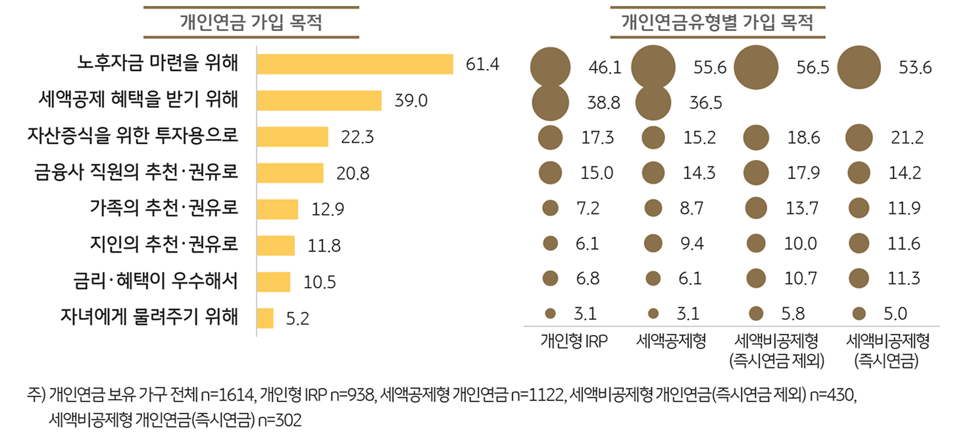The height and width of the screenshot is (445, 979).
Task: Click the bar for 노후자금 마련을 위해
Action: (x=355, y=65)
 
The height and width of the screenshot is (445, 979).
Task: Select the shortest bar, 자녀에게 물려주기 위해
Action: (x=265, y=318)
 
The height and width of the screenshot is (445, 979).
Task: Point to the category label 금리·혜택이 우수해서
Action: (x=155, y=282)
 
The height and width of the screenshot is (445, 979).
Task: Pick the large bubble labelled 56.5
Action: (x=756, y=67)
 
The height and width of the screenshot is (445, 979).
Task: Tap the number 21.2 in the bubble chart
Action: (x=908, y=138)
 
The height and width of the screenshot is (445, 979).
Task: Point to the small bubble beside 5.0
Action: (x=859, y=313)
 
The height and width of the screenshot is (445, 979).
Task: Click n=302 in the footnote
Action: (x=279, y=421)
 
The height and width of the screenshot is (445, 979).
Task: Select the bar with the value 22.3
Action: (x=292, y=137)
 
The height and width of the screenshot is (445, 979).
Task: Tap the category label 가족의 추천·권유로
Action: (x=164, y=209)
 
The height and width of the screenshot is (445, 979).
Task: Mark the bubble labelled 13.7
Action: (x=756, y=209)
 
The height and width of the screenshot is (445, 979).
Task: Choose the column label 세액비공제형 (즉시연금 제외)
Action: (x=776, y=350)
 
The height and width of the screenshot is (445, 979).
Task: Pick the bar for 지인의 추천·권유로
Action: (x=275, y=246)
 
